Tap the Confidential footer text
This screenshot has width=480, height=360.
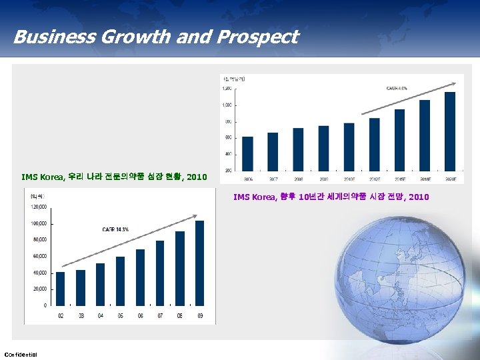(x=21, y=353)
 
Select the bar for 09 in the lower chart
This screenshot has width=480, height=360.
(x=200, y=263)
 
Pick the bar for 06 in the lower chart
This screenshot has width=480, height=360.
(x=140, y=277)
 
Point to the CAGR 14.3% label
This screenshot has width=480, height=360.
(x=115, y=229)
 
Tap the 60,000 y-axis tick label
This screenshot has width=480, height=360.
(x=38, y=256)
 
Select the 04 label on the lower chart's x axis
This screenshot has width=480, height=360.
(x=100, y=315)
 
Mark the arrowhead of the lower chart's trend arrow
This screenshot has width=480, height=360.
(x=196, y=215)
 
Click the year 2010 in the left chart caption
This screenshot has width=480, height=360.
(x=197, y=177)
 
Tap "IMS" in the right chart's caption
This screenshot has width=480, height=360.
(x=241, y=197)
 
